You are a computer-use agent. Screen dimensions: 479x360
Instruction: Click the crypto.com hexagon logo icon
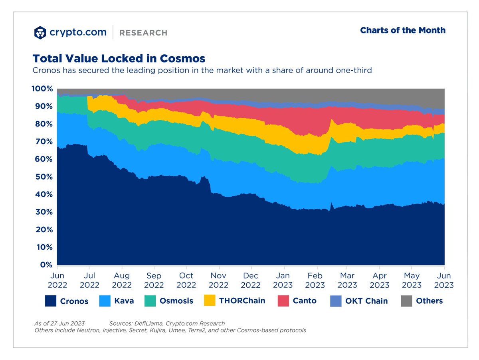[x=40, y=33]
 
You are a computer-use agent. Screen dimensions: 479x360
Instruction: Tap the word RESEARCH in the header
[x=143, y=33]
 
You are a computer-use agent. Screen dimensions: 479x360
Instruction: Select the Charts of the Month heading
[x=403, y=30]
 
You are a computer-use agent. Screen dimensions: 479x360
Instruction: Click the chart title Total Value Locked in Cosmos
[x=119, y=59]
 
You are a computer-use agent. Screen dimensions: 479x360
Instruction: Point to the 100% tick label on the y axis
[x=42, y=89]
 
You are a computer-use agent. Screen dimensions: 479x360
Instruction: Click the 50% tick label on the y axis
[x=44, y=177]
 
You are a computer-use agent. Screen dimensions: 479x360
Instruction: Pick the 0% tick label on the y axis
[x=46, y=265]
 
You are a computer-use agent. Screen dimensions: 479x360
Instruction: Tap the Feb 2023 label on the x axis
[x=315, y=280]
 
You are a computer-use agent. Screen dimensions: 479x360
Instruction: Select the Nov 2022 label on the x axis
[x=218, y=280]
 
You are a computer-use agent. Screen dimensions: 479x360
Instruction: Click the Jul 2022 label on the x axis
[x=89, y=280]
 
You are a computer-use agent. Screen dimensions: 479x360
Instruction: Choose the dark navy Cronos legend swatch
[x=51, y=301]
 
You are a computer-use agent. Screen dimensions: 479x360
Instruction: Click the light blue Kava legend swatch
[x=105, y=301]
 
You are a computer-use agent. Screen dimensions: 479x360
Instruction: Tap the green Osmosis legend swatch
[x=150, y=301]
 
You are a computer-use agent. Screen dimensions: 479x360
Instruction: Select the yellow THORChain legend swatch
[x=210, y=301]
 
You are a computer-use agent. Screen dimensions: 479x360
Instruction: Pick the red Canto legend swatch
[x=283, y=301]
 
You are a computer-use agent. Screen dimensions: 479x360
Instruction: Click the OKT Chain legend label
[x=366, y=301]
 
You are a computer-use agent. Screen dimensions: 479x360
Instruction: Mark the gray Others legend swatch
[x=406, y=301]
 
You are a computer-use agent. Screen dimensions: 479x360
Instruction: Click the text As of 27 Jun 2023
[x=59, y=323]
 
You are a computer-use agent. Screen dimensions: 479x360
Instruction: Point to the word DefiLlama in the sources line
[x=148, y=323]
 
